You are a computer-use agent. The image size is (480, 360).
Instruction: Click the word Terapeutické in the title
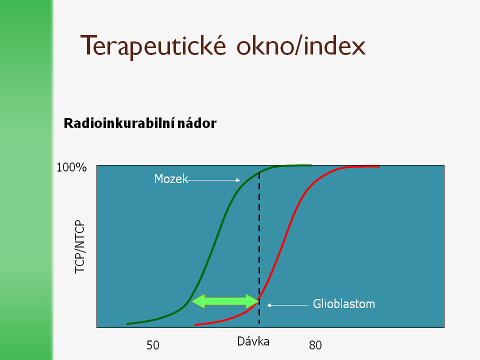tap(153, 46)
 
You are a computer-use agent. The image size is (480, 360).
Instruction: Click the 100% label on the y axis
tap(71, 167)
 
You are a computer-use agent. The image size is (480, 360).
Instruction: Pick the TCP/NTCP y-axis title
tap(79, 246)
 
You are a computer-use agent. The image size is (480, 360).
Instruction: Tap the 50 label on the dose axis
tap(153, 345)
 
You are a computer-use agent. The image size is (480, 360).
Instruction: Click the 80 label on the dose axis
tap(315, 345)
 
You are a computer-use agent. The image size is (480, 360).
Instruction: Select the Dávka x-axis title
tap(253, 341)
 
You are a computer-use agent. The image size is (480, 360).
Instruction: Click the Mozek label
tap(171, 179)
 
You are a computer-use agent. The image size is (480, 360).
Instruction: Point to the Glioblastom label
tap(344, 304)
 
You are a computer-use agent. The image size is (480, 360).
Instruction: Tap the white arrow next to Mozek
tap(214, 180)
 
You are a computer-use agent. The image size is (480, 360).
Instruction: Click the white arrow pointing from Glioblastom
tap(287, 305)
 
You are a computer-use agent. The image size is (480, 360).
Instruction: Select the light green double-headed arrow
tap(225, 301)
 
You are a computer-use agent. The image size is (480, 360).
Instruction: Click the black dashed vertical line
tap(259, 248)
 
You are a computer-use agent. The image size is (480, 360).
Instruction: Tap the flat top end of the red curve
tap(379, 166)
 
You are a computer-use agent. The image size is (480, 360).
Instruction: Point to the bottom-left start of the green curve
tap(127, 324)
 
